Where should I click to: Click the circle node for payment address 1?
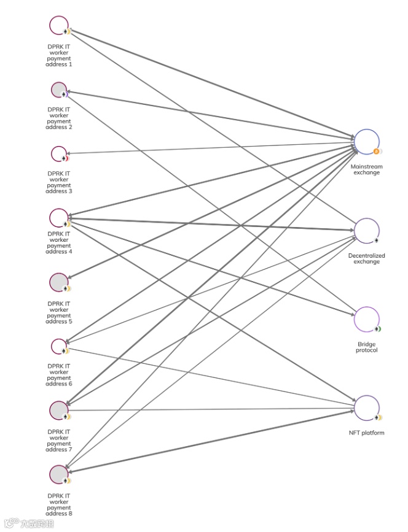[59, 25]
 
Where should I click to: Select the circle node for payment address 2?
[59, 90]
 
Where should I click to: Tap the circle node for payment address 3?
[59, 153]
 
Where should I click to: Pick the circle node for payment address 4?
[59, 217]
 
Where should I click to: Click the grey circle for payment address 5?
[59, 282]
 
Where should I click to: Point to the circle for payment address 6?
[59, 346]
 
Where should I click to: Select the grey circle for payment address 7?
[59, 410]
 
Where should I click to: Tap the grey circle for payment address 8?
[59, 474]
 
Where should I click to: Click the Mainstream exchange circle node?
[366, 141]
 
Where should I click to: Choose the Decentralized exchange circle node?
[366, 230]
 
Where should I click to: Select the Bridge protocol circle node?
[366, 319]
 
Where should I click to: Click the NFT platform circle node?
[366, 408]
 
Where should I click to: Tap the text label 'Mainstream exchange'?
[366, 169]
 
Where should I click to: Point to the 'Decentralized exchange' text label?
[366, 258]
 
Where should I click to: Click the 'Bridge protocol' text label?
[366, 347]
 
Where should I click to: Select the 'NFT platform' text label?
[366, 433]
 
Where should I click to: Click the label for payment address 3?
[59, 182]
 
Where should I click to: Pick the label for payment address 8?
[59, 504]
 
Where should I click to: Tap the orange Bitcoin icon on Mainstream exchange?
[376, 152]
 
